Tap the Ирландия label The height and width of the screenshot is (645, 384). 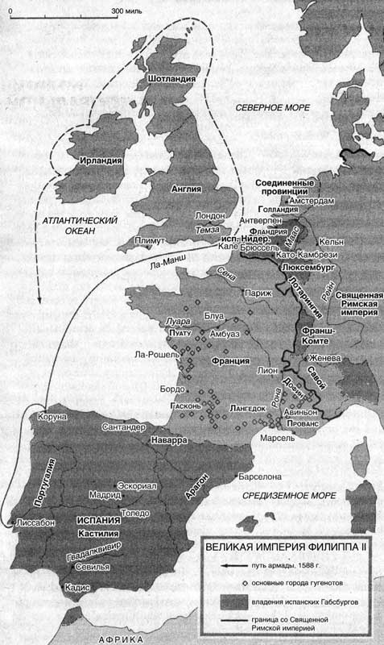(x=101, y=160)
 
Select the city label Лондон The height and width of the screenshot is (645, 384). (x=209, y=216)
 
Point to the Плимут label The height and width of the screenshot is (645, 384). (x=150, y=241)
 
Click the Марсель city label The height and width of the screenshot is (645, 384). (x=277, y=439)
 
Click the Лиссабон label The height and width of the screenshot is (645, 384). (x=35, y=523)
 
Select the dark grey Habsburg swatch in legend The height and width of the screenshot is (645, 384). (x=232, y=601)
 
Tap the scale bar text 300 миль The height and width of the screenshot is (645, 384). (x=126, y=10)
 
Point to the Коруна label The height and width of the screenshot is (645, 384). (x=47, y=418)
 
